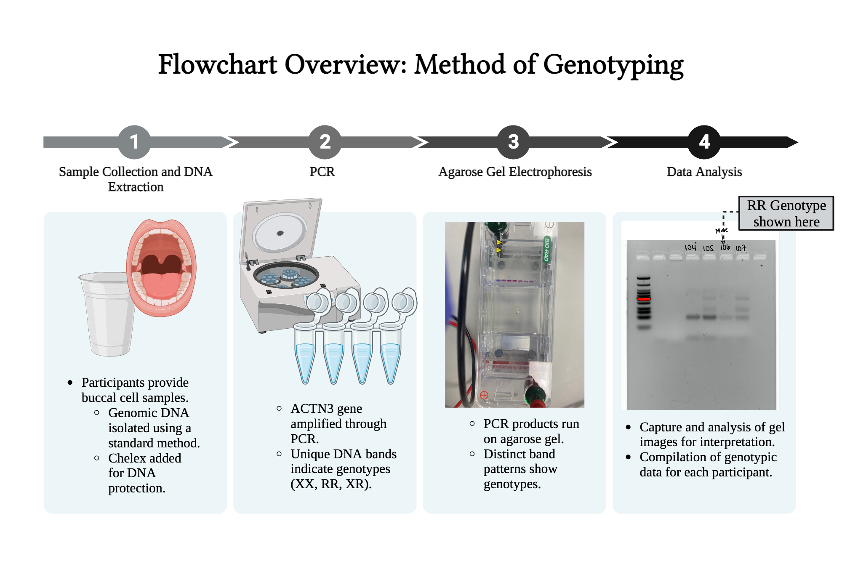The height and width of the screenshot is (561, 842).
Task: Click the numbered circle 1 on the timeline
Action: [x=134, y=142]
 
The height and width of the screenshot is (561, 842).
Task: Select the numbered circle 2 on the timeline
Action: [x=325, y=142]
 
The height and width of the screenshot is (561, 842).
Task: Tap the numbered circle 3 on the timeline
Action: [x=513, y=142]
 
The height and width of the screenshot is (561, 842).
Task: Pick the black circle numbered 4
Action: [x=704, y=142]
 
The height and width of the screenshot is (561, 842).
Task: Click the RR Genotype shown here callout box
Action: [x=786, y=213]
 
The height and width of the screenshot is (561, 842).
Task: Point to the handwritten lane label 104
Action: [x=690, y=247]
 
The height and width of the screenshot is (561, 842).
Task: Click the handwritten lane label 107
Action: [x=741, y=248]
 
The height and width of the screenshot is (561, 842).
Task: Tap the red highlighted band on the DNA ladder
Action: [x=644, y=299]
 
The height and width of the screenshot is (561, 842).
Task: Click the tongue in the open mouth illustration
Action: [x=161, y=284]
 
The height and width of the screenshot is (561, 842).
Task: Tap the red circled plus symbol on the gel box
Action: [x=484, y=395]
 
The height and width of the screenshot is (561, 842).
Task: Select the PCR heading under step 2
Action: [x=322, y=172]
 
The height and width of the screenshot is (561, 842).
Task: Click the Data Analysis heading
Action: [x=704, y=172]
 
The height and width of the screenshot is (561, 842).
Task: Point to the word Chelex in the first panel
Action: [x=128, y=458]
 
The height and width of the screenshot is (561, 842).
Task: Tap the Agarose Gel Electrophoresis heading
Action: [x=515, y=172]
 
